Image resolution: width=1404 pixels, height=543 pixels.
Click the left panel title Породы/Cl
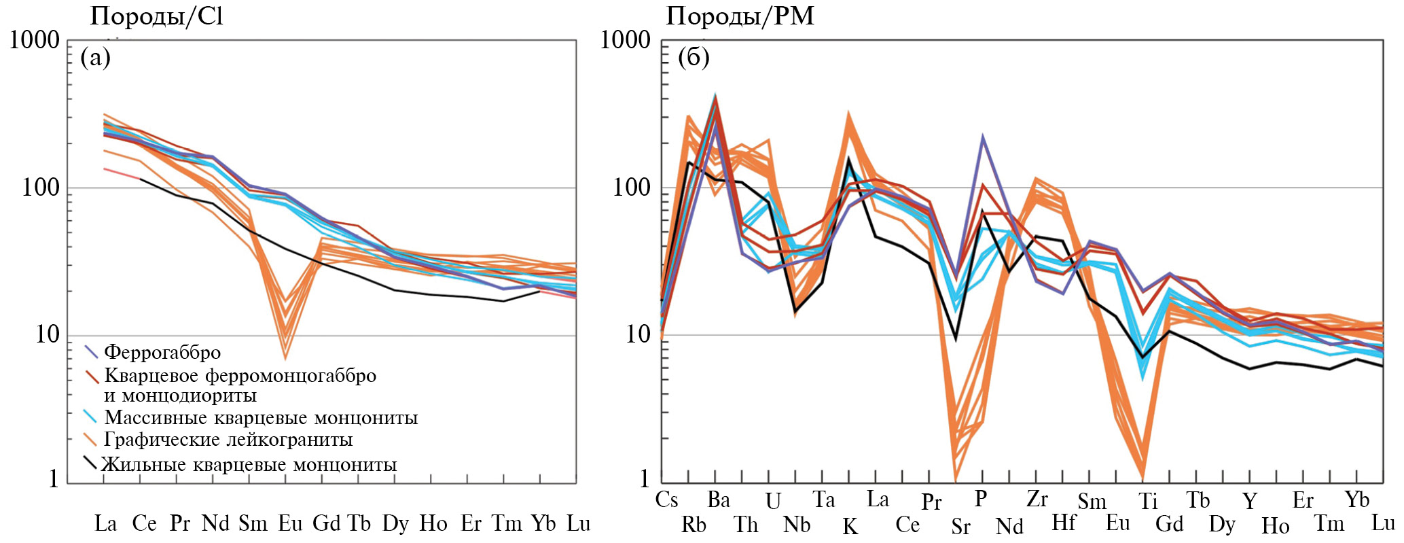click(x=156, y=16)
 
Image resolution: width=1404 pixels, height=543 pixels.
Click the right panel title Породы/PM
click(x=740, y=16)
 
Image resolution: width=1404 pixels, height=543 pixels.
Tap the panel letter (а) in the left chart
click(x=95, y=57)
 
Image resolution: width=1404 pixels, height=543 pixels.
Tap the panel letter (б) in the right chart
click(x=694, y=57)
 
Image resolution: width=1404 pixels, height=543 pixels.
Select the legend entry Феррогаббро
click(x=162, y=352)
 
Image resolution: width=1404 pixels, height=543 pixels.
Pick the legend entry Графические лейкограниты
click(x=228, y=440)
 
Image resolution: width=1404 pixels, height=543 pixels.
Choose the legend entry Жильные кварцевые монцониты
click(x=249, y=465)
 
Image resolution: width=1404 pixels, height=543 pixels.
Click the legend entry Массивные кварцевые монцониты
click(x=260, y=417)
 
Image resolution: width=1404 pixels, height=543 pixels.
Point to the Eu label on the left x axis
click(x=290, y=523)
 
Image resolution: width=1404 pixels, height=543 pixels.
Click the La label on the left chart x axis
click(x=105, y=523)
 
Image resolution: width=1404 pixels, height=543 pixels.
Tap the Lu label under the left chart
click(x=579, y=523)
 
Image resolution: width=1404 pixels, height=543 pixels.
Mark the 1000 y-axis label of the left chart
click(x=35, y=40)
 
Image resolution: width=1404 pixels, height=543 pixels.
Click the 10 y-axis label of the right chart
click(x=637, y=334)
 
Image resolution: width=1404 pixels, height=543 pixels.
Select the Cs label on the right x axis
click(x=666, y=500)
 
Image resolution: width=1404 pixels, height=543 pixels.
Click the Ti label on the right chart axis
click(x=1148, y=502)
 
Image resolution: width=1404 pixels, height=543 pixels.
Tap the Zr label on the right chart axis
click(x=1037, y=500)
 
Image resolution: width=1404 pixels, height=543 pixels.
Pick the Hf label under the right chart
click(x=1064, y=523)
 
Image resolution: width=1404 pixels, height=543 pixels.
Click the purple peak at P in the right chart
click(x=982, y=138)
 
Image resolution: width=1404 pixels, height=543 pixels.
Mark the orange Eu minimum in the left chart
click(x=285, y=357)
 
